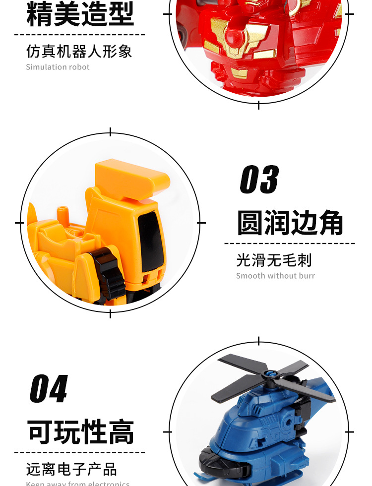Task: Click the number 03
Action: pos(259,180)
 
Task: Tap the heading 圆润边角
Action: pos(290,223)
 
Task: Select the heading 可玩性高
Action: pos(80,432)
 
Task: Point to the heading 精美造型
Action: pos(80,14)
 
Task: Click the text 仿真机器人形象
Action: pos(79,51)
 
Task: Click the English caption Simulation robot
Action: pos(58,67)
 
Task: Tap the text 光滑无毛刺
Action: pos(274,260)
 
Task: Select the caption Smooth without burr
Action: pos(275,276)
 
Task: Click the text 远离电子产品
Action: pos(71,469)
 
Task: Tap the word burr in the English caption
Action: pos(306,276)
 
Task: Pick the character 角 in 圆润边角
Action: pos(330,223)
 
